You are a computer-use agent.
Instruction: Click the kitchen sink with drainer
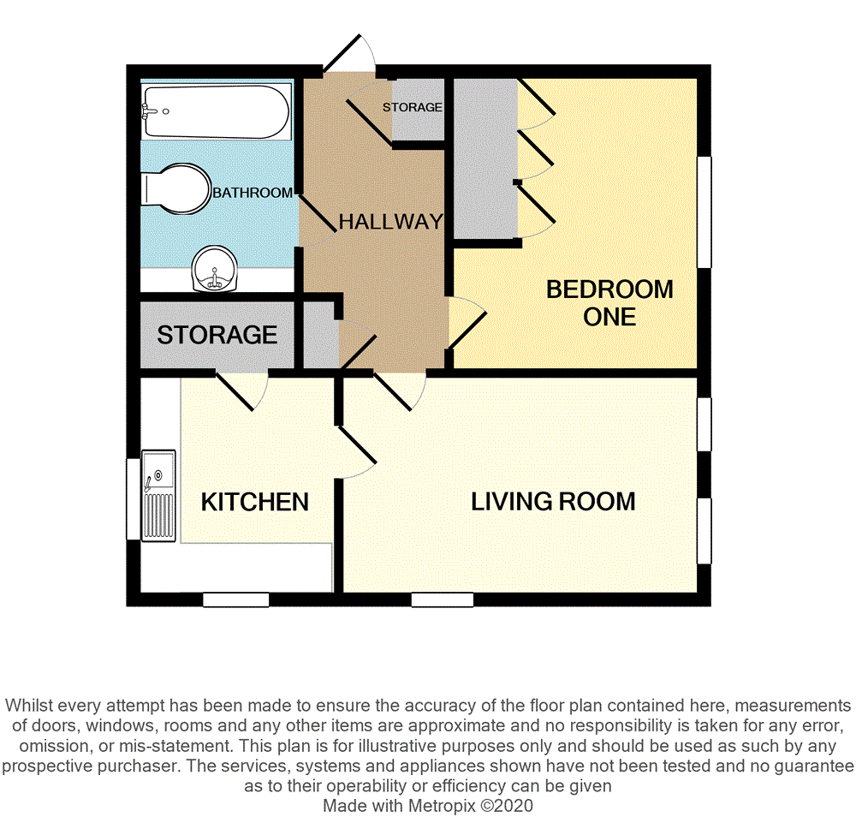(x=159, y=497)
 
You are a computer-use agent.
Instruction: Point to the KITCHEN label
(x=254, y=502)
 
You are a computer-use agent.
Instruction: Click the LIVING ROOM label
(x=553, y=501)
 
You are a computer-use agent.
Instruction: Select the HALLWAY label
(x=390, y=222)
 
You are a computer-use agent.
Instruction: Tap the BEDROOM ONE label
(x=609, y=302)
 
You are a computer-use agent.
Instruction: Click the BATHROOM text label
(x=253, y=194)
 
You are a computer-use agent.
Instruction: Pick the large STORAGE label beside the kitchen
(x=217, y=335)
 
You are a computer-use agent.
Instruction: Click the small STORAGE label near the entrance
(x=413, y=107)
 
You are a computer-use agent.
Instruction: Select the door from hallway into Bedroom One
(x=467, y=322)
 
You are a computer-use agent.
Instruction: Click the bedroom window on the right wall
(x=704, y=212)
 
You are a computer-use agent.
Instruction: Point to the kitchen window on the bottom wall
(x=235, y=600)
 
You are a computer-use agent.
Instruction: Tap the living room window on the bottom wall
(x=442, y=600)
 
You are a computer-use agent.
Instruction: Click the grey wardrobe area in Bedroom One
(x=484, y=158)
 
